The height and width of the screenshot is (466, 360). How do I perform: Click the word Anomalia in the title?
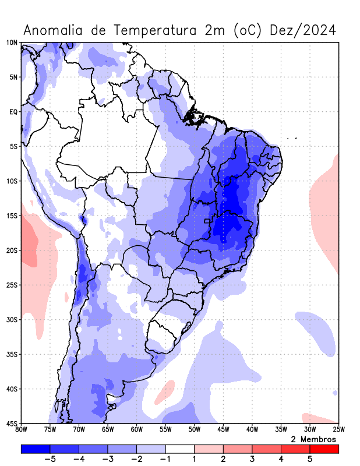tap(54, 30)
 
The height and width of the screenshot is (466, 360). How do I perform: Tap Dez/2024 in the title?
tap(303, 30)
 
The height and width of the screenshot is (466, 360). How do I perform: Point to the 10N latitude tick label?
tap(12, 43)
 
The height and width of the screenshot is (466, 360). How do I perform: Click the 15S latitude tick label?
tap(12, 216)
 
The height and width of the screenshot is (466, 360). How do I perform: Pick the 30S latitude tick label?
tap(12, 319)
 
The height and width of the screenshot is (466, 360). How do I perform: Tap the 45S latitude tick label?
tap(12, 423)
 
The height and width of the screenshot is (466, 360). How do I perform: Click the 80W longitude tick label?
tap(21, 430)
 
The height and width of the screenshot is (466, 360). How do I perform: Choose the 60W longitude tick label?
tap(136, 430)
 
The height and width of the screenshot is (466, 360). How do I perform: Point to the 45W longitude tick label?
tap(223, 430)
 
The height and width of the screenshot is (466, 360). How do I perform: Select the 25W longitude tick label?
tap(338, 430)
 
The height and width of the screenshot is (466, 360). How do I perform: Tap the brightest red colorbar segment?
tap(324, 449)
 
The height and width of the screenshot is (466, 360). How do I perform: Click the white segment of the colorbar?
tap(179, 449)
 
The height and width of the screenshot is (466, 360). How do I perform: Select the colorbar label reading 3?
tap(252, 460)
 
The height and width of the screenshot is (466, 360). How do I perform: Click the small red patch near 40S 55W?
tap(165, 391)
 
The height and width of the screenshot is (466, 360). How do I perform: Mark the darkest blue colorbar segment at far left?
tap(35, 449)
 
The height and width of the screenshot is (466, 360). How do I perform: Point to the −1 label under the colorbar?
tap(164, 460)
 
